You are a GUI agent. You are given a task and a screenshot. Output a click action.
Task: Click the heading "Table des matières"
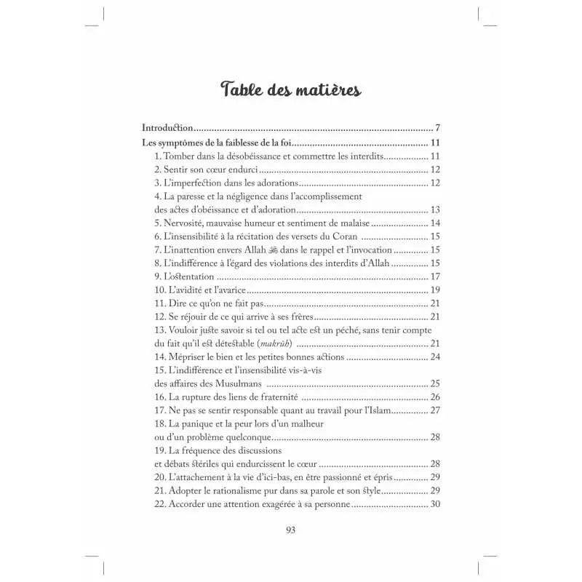coord(290,90)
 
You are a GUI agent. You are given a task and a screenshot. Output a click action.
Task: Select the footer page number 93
coord(290,530)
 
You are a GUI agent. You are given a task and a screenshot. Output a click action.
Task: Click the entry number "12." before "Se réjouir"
coord(162,316)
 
